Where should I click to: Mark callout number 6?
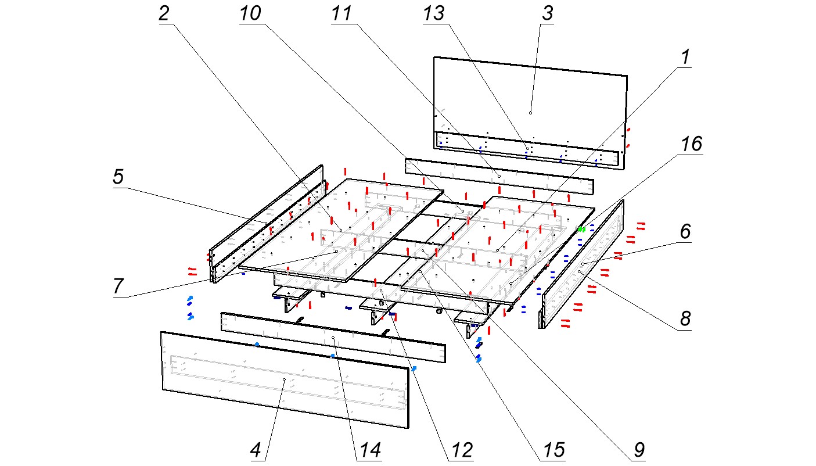tap(685, 232)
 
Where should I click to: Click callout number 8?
tap(685, 318)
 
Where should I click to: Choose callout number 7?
tap(118, 286)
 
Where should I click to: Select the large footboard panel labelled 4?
tap(232, 383)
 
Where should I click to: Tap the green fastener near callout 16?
tap(581, 230)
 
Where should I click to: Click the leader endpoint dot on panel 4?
tap(284, 379)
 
